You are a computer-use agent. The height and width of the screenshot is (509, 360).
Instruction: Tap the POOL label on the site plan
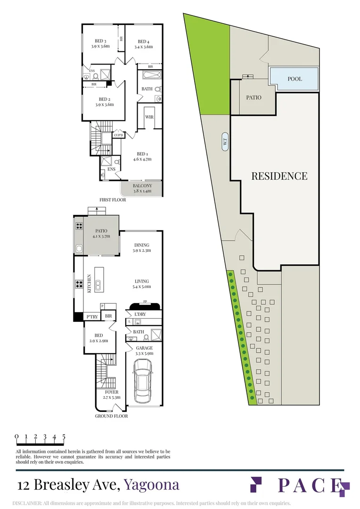[x=295, y=79]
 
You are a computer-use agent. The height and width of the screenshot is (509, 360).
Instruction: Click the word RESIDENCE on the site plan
[x=279, y=176]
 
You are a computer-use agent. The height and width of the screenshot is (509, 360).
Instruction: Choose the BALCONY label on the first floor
[x=142, y=186]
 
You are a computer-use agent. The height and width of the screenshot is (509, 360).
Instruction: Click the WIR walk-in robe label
[x=149, y=117]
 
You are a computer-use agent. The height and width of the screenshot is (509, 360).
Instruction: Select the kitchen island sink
[x=97, y=286]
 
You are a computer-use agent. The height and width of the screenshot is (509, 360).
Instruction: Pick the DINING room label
[x=142, y=245]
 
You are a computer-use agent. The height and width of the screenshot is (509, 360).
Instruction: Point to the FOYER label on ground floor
[x=112, y=392]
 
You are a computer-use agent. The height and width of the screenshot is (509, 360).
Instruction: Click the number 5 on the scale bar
[x=64, y=436]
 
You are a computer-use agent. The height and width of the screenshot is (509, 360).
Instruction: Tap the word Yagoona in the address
[x=152, y=485]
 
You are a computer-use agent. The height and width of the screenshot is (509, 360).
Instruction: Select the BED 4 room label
[x=143, y=41]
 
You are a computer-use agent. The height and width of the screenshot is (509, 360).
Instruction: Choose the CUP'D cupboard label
[x=118, y=135]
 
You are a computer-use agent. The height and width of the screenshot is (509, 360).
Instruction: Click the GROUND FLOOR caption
[x=111, y=416]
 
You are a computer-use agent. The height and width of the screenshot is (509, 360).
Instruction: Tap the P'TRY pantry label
[x=92, y=317]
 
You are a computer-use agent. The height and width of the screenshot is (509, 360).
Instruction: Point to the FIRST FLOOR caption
[x=113, y=200]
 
